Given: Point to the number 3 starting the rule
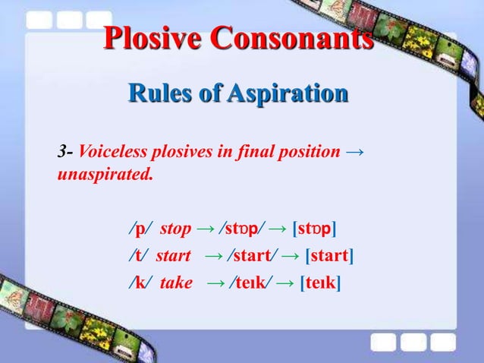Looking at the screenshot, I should point(61,152).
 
